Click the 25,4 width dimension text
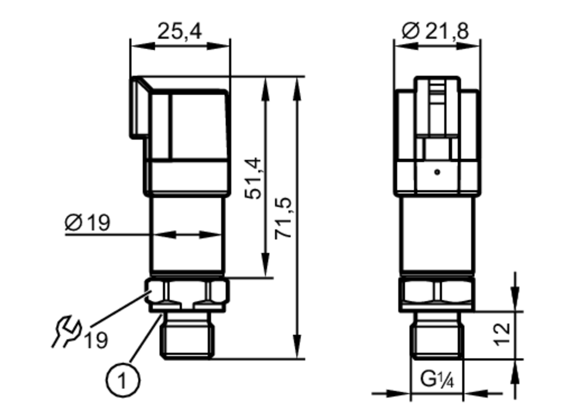180,31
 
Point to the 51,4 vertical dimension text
253,178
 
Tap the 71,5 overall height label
283,218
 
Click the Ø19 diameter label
87,222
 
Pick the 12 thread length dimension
502,335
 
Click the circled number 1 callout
123,380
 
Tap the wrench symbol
66,331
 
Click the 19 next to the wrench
96,340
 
